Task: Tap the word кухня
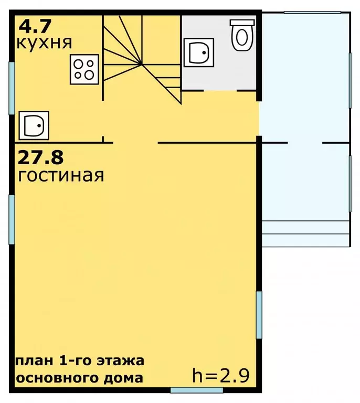point(45,42)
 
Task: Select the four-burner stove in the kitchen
point(84,69)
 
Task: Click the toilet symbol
point(242,34)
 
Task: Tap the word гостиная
point(60,175)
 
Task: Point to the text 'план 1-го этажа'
point(80,361)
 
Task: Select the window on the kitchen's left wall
point(12,88)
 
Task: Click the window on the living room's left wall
point(12,220)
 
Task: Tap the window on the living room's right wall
point(259,315)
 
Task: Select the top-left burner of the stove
point(79,63)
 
